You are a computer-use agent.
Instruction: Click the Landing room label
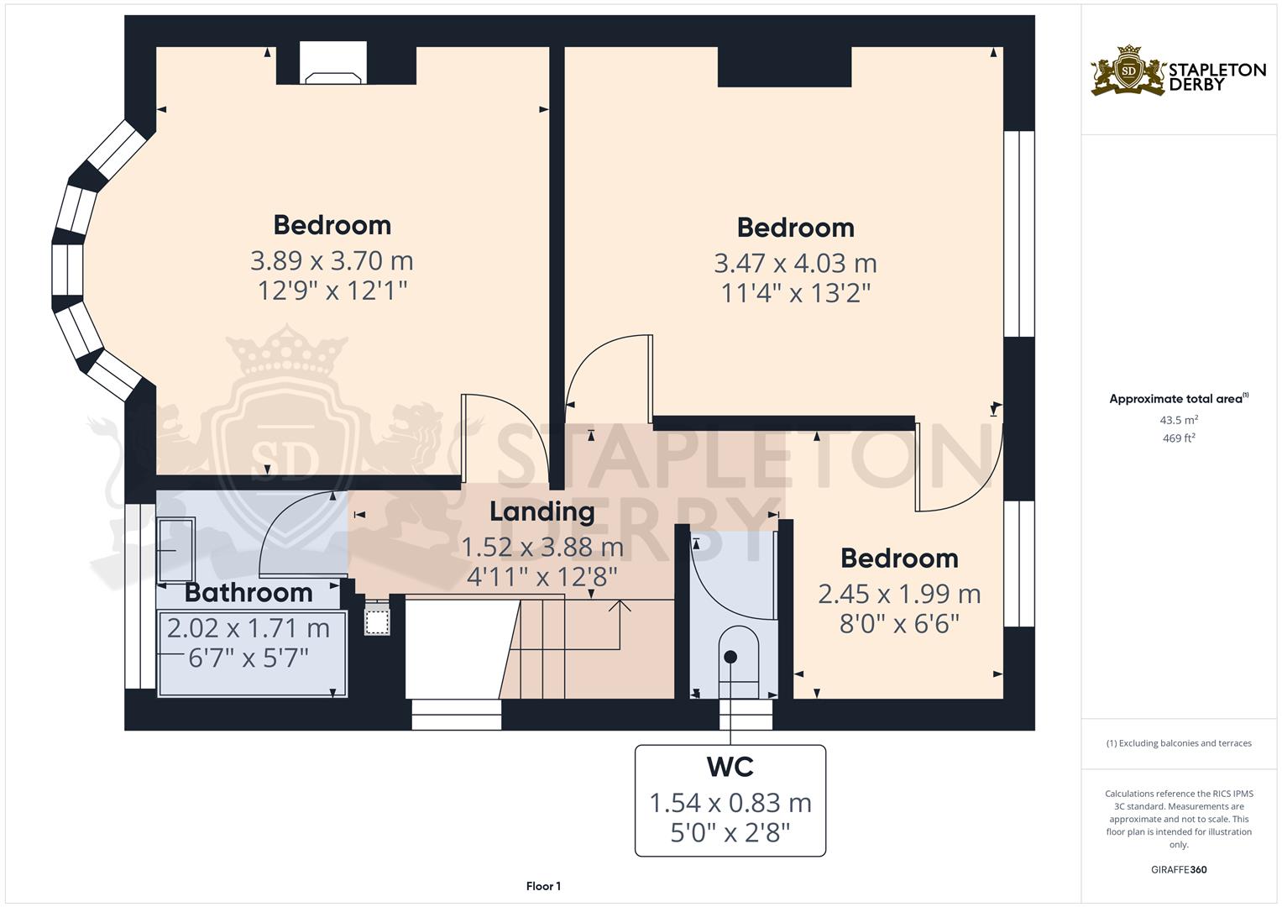click(x=542, y=512)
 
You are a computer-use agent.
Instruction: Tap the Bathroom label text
click(x=249, y=593)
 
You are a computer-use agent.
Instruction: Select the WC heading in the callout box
click(x=730, y=767)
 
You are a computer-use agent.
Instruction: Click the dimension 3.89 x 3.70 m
click(x=332, y=261)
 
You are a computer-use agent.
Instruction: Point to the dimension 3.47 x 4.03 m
click(x=796, y=264)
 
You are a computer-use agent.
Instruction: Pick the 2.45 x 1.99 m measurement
click(x=899, y=595)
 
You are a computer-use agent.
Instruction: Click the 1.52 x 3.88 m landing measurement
click(x=542, y=548)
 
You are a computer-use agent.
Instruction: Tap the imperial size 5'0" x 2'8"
click(x=730, y=833)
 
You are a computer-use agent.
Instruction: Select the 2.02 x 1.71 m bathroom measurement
click(x=249, y=629)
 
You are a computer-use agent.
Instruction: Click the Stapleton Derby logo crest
click(x=1128, y=71)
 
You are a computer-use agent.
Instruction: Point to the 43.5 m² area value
click(x=1179, y=420)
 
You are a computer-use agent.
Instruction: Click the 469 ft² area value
click(x=1179, y=438)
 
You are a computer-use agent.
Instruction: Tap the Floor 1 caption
click(x=543, y=886)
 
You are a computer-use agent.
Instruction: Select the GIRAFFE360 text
click(x=1179, y=870)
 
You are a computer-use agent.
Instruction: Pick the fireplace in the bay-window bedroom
click(x=333, y=63)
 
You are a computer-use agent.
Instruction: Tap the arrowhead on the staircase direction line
click(x=620, y=606)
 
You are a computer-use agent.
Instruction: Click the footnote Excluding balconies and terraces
click(x=1179, y=743)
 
